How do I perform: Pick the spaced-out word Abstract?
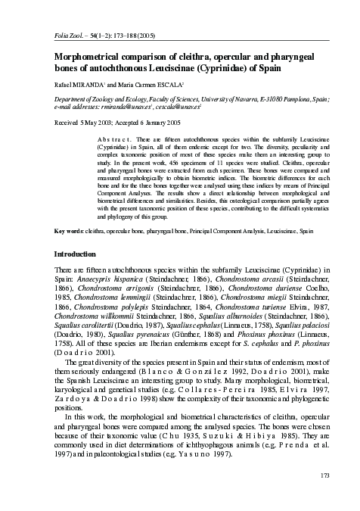114,141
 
